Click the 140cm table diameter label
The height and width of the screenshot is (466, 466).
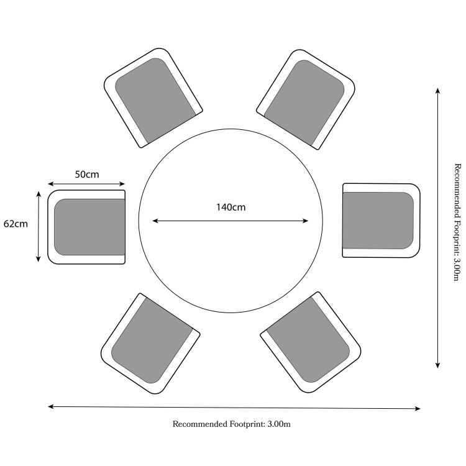231,207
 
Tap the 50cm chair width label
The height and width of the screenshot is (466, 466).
87,175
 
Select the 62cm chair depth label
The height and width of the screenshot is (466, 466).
16,224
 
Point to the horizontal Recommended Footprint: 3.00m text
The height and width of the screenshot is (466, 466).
232,424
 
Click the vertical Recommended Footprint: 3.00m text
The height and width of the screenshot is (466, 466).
458,222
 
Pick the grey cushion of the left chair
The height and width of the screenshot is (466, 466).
89,227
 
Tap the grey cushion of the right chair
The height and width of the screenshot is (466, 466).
378,221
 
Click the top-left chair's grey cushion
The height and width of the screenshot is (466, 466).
155,100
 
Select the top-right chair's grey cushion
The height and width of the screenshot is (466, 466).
304,103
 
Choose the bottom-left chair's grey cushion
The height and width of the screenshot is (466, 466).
152,340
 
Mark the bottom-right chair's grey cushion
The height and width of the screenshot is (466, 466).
308,340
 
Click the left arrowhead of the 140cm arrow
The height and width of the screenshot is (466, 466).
155,221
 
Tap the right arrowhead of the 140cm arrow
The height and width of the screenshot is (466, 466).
306,221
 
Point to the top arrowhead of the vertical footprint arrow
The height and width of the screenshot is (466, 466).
437,90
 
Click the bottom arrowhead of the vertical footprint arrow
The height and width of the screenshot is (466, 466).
437,365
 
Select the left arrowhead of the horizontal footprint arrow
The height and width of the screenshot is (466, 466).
51,406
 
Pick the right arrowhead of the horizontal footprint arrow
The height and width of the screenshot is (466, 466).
418,409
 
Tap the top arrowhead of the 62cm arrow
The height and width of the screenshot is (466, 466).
39,194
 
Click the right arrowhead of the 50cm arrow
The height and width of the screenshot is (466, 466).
122,184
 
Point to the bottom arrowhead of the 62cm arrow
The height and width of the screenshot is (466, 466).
39,259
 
